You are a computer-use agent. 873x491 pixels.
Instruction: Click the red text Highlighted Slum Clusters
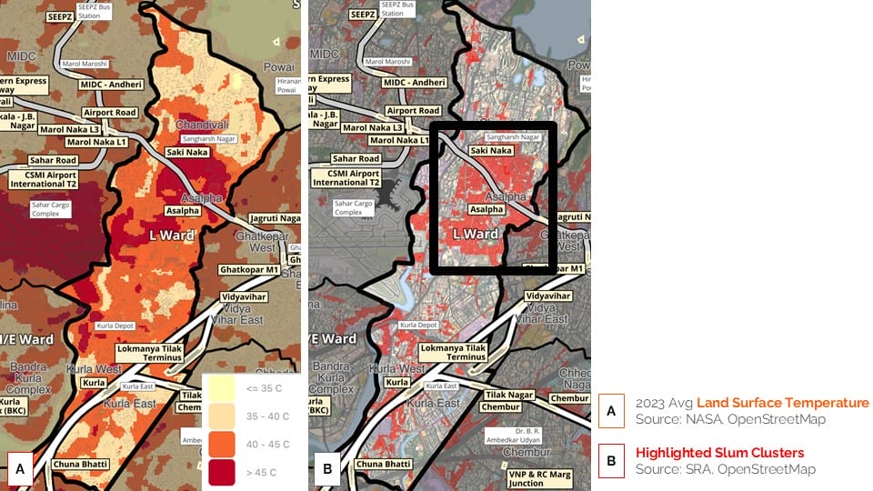[x=719, y=453]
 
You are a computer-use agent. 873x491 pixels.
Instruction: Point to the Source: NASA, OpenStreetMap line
[x=717, y=419]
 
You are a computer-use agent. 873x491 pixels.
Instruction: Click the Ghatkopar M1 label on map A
[x=248, y=270]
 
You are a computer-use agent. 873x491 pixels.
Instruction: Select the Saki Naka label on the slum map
[x=491, y=151]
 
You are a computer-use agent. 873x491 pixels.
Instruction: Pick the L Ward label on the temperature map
[x=172, y=235]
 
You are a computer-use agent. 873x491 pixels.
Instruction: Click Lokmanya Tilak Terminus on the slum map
[x=455, y=353]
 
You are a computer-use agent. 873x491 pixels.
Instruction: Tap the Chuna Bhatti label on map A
[x=81, y=465]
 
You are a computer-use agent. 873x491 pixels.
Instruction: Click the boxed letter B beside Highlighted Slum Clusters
[x=611, y=461]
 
